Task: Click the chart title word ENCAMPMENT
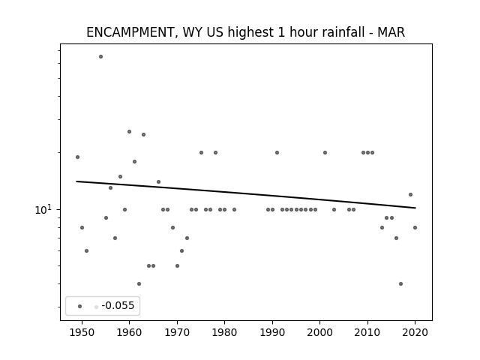coord(130,32)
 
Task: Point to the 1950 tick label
coord(82,332)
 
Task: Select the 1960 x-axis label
coord(129,332)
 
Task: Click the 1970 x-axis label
coord(177,332)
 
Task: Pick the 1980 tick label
coord(224,332)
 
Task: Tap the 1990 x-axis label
coord(272,332)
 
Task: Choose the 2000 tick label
coord(319,332)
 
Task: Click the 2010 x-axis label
coord(367,332)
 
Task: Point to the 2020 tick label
coord(415,332)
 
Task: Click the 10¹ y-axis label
coord(43,209)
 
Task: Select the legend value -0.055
coord(118,305)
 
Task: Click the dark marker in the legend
coord(80,306)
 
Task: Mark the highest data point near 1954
coord(100,57)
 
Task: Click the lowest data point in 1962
coord(139,283)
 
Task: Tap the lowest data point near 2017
coord(400,283)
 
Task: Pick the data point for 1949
coord(77,157)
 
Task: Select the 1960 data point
coord(129,132)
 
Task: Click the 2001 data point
coord(325,152)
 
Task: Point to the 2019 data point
coord(410,195)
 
